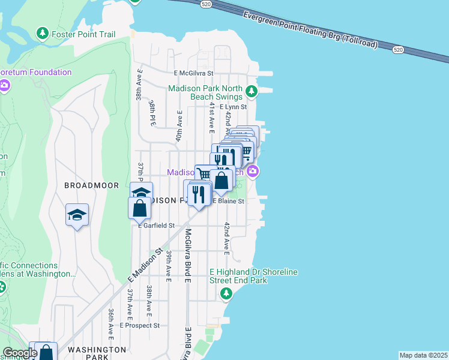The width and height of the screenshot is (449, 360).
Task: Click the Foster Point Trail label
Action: point(83,34)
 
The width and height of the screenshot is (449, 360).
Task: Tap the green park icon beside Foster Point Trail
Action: point(42,32)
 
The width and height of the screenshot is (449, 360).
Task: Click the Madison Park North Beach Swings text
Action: point(205,92)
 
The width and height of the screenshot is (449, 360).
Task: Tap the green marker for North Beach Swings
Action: point(252,92)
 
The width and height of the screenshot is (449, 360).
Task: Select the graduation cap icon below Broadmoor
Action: point(77,215)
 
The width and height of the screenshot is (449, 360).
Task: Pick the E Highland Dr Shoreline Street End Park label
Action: point(253,276)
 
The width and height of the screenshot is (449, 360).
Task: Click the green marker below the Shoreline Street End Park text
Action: point(226,293)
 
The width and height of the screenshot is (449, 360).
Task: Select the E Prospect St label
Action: point(139,325)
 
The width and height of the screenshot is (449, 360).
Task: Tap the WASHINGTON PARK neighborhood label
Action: point(96,353)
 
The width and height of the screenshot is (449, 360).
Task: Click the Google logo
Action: point(19,353)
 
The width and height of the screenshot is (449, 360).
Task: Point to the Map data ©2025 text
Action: point(423,355)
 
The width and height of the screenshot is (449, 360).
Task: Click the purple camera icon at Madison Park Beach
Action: point(253,172)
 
